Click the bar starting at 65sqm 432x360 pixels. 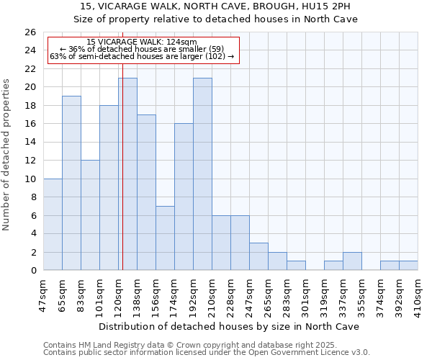[71, 183]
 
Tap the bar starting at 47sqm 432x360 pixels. [53, 225]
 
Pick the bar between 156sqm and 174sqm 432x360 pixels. [165, 238]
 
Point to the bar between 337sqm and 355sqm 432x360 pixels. [352, 261]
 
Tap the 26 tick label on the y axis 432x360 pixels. [30, 32]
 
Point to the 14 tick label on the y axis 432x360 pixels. [30, 143]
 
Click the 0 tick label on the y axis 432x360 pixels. [32, 271]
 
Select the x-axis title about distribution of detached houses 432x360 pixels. [229, 326]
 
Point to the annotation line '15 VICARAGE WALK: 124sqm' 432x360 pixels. [141, 42]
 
